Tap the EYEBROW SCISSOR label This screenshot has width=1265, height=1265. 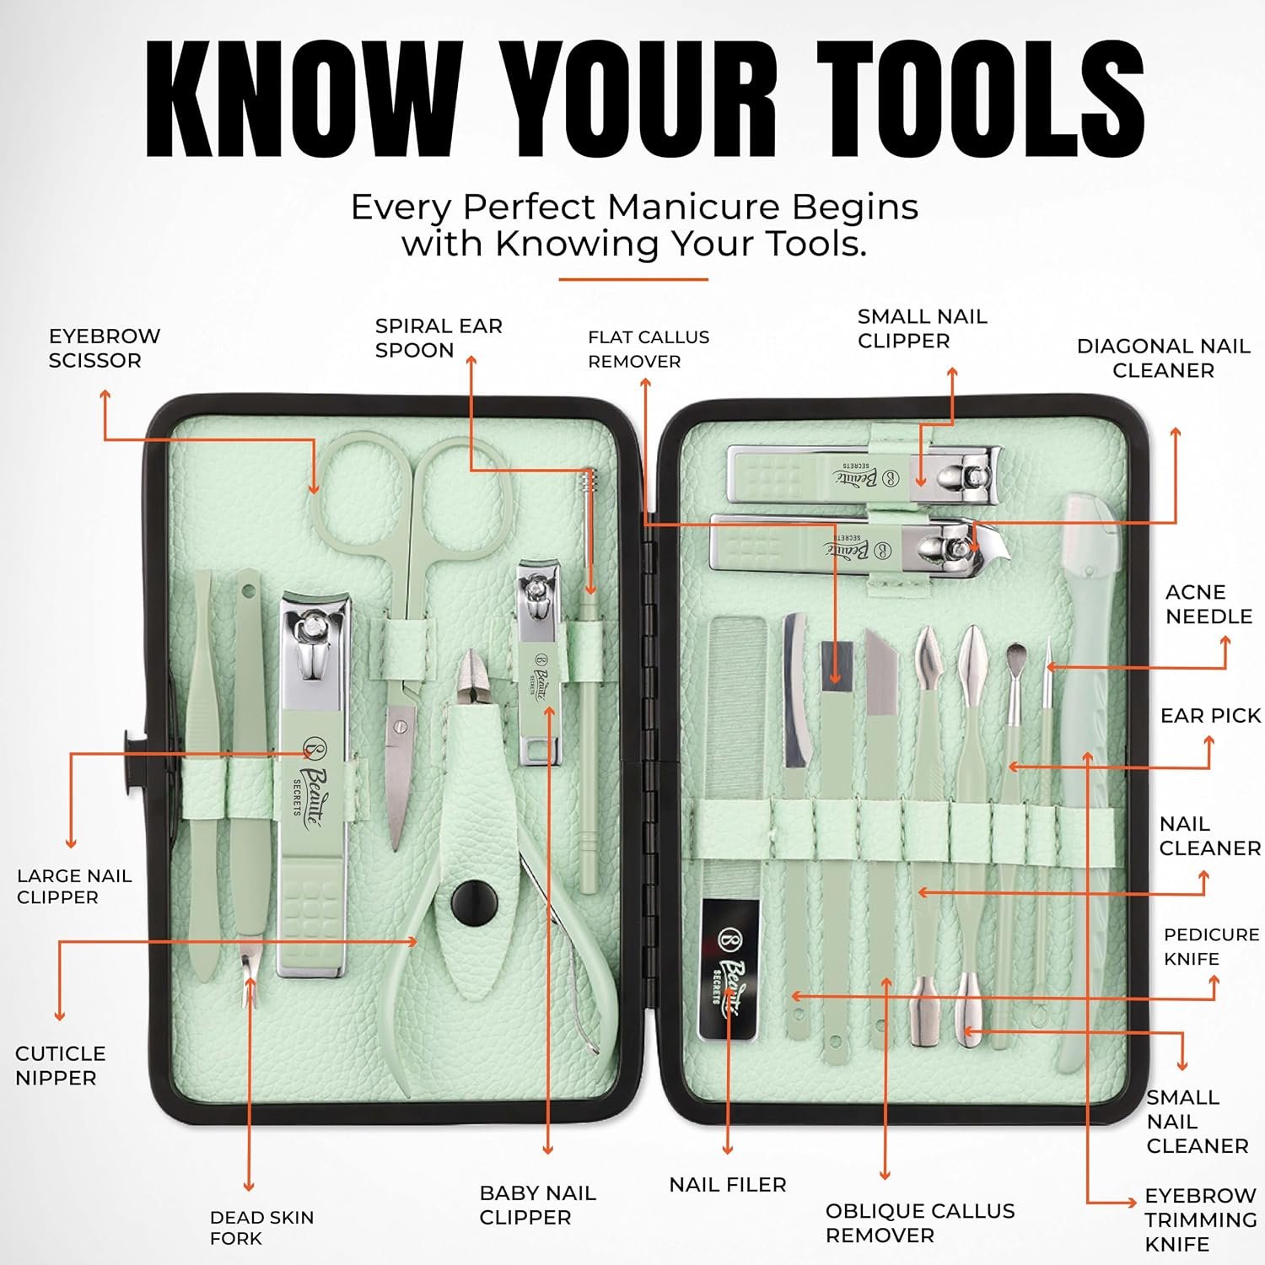click(105, 348)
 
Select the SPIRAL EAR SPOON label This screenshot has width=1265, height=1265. click(439, 338)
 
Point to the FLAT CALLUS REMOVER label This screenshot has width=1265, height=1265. click(649, 349)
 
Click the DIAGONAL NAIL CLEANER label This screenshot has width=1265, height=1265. click(1163, 358)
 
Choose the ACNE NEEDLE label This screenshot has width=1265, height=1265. click(1208, 605)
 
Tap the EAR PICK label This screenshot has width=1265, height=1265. click(1210, 716)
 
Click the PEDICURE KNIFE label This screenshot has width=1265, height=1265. click(1211, 947)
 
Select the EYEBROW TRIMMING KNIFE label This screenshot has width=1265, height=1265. click(1201, 1219)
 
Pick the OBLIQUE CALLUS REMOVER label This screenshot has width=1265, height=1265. click(920, 1223)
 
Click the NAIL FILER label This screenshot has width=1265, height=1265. click(728, 1185)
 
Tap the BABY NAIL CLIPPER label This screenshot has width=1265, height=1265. click(537, 1205)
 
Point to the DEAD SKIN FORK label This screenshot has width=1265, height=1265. click(261, 1228)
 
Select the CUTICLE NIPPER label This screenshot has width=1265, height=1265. click(60, 1065)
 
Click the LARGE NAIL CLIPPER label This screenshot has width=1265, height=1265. click(74, 886)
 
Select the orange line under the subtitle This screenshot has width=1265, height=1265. click(633, 279)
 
